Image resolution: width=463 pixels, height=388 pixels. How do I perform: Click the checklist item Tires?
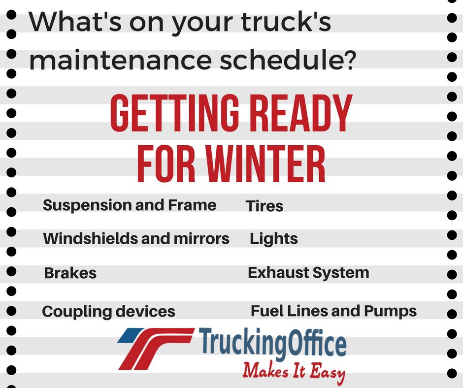[265, 206]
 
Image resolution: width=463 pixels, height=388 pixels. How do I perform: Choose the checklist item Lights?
[274, 239]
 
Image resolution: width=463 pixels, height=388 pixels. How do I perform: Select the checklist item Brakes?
[70, 273]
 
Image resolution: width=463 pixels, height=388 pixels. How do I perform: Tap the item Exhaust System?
[308, 273]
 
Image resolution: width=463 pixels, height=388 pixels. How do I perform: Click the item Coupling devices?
[108, 312]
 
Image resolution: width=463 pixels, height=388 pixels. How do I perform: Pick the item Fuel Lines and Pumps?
[333, 311]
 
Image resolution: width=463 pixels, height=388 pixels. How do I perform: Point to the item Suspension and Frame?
[130, 205]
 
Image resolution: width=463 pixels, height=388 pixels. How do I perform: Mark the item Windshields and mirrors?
[136, 239]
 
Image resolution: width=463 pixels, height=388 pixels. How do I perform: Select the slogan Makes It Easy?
[294, 371]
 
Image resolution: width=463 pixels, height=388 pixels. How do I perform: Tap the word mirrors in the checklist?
[199, 239]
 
